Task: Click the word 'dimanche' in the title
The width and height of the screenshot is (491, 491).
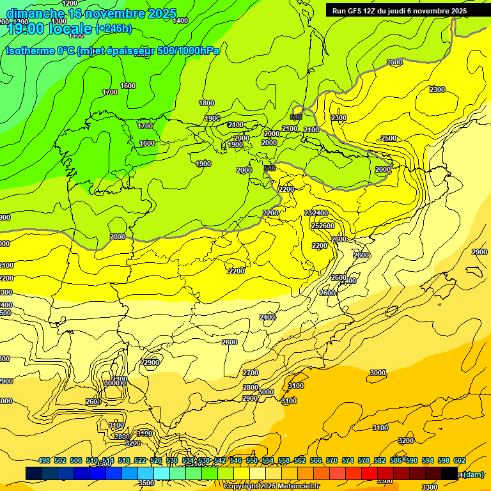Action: pos(35,13)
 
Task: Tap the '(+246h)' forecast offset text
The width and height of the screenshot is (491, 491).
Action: pos(113,28)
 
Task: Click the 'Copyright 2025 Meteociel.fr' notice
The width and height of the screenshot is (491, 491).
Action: pos(271,487)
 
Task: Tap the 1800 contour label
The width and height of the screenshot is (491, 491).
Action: pos(207,103)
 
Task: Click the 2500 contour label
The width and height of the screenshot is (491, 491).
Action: pos(389,139)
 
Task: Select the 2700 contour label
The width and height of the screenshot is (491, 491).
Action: pos(251,373)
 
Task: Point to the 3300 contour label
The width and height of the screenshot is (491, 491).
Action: pos(430,487)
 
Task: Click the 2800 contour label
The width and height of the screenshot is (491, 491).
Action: pos(251,387)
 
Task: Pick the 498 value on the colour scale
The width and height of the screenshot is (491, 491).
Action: pos(44,460)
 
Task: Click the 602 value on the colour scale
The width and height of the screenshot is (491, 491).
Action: pos(460,460)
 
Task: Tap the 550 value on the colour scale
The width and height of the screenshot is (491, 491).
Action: pos(252,460)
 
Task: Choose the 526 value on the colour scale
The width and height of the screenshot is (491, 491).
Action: pos(156,460)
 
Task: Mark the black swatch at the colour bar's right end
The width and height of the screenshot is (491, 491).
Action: pos(449,473)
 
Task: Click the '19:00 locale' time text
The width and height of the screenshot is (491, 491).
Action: pos(49,29)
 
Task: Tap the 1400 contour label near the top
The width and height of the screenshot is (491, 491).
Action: pos(181,21)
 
